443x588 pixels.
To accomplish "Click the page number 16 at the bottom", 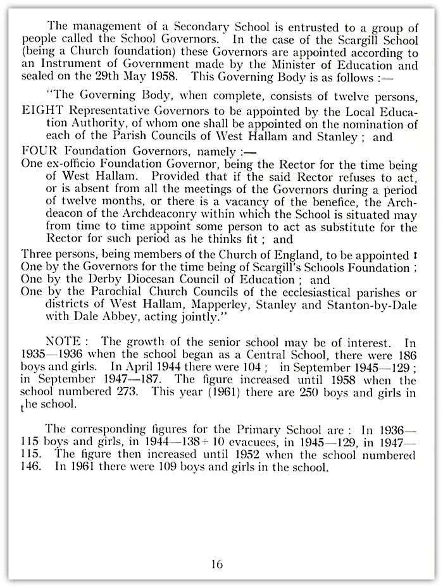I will pos(217,565).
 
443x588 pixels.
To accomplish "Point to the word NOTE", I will pos(65,341).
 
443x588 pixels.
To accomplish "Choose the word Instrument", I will pos(70,65).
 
